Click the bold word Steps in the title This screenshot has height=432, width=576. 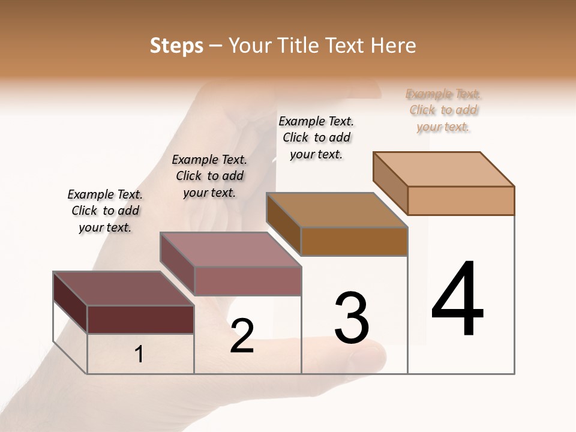tap(176, 46)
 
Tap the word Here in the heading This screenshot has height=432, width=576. tap(393, 46)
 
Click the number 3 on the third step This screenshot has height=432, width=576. tap(352, 317)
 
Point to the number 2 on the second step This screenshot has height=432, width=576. tap(242, 336)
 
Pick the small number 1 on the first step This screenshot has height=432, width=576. tap(139, 355)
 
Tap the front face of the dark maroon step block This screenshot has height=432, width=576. tap(140, 319)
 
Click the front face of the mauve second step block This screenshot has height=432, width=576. tap(248, 281)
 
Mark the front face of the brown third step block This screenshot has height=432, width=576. tap(354, 241)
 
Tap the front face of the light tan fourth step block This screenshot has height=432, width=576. tap(461, 200)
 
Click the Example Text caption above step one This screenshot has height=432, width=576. tap(105, 211)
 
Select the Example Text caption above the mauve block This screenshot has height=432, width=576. tap(209, 176)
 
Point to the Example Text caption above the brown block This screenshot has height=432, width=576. tap(316, 137)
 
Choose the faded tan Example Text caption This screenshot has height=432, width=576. tap(443, 110)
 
